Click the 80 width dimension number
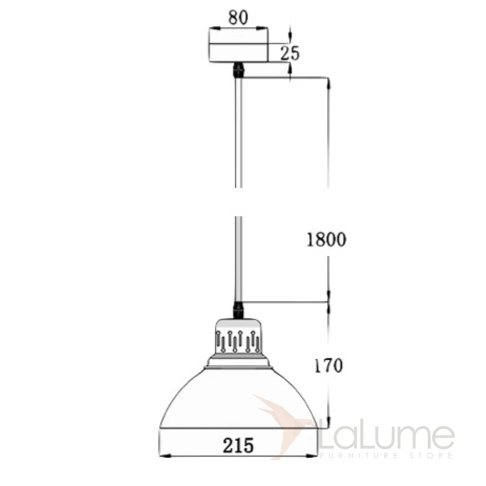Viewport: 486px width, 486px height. click(238, 17)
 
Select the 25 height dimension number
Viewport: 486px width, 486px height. click(290, 53)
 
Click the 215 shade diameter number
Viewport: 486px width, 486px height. click(238, 445)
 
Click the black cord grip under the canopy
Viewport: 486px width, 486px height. click(238, 70)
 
